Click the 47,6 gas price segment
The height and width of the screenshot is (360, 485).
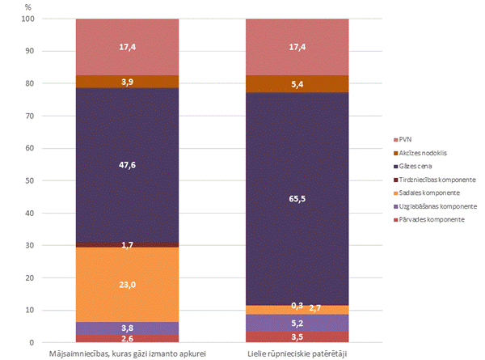[127, 164]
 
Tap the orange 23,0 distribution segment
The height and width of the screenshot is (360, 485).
[127, 284]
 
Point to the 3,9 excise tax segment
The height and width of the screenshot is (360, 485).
[127, 82]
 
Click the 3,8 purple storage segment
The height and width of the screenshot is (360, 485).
[127, 328]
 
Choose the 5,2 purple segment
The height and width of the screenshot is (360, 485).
[297, 323]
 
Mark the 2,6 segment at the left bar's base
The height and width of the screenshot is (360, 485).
[127, 338]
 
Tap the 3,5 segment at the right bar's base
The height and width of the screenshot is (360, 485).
[297, 337]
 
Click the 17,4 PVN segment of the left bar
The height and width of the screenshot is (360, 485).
[127, 47]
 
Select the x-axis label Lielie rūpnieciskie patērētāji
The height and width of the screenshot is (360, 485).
[297, 354]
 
